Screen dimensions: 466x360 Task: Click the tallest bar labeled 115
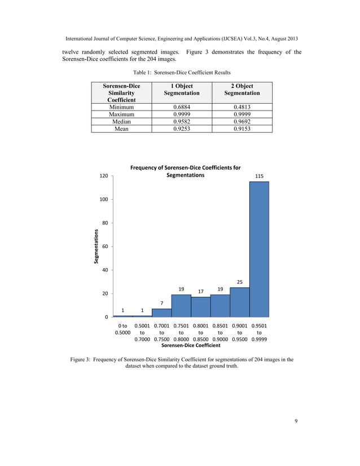[x=259, y=248]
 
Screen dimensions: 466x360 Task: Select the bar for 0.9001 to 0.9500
[x=239, y=302]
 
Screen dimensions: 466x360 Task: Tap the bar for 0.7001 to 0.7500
[x=161, y=313]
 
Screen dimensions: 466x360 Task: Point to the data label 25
[x=239, y=282]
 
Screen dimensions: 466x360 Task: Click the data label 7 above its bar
[x=161, y=303]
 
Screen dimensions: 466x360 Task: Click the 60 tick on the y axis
[x=106, y=247]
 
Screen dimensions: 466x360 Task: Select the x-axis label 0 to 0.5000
[x=122, y=329]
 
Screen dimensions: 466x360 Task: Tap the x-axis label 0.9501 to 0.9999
[x=259, y=332]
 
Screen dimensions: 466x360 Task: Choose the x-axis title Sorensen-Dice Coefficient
[x=191, y=345]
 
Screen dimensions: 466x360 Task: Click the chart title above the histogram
[x=185, y=172]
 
